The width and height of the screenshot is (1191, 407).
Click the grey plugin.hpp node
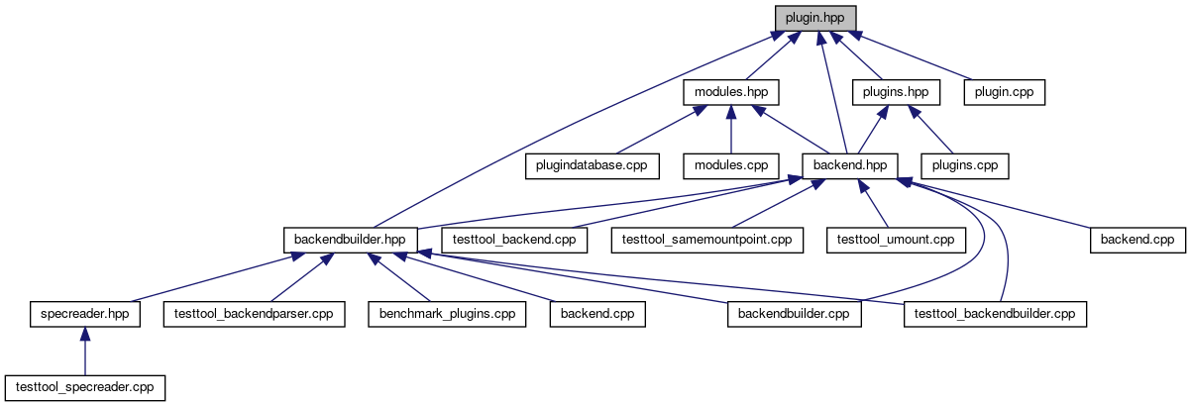pos(814,18)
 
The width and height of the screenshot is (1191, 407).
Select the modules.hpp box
pos(730,92)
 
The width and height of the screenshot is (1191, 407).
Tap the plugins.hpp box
pos(896,92)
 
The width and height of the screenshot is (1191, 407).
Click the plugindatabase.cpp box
pos(592,165)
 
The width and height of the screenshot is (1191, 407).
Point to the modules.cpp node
pos(730,165)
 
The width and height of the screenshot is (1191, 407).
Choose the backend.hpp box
pos(849,165)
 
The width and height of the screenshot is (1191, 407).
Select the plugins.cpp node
pos(965,165)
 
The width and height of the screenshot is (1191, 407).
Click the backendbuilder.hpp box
pos(351,240)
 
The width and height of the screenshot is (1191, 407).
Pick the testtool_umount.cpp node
pos(896,240)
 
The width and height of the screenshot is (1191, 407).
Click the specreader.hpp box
pos(84,314)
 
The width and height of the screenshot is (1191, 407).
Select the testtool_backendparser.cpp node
pos(253,314)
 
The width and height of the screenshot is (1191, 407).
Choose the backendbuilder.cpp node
pos(794,314)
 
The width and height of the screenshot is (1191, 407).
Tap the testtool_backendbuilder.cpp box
pos(995,314)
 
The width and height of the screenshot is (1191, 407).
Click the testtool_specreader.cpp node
pos(84,387)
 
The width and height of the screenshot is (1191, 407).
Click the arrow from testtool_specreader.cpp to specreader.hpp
pos(84,352)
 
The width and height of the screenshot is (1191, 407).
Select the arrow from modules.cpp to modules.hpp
pos(730,130)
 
